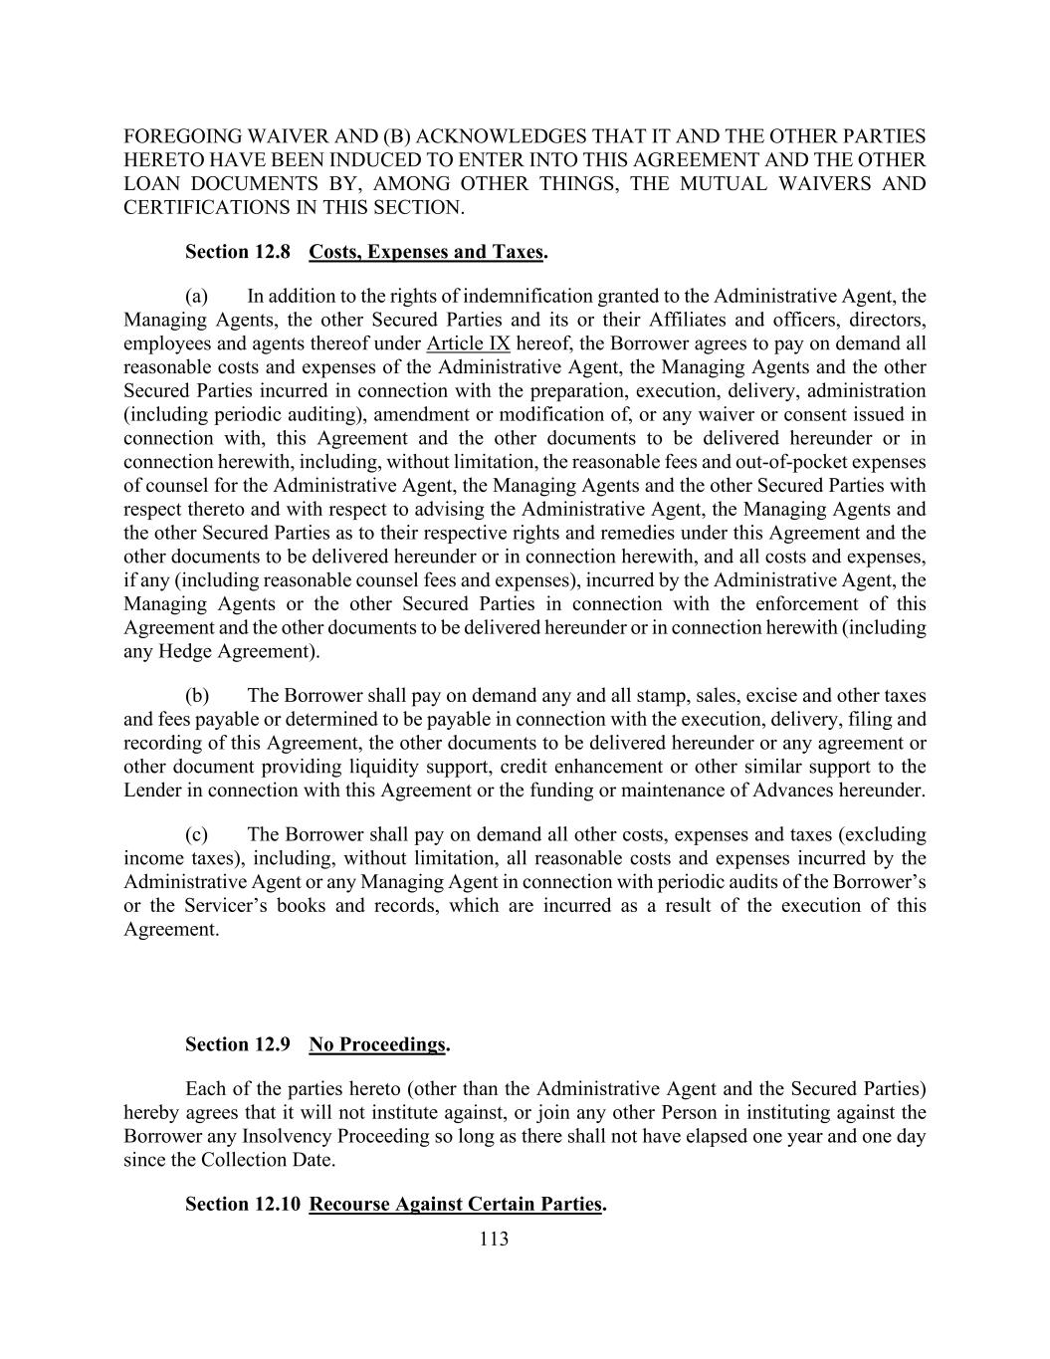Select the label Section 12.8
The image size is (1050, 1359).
238,251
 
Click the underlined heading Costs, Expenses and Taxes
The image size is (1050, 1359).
427,251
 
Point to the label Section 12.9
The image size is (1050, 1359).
238,1043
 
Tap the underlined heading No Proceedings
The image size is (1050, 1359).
377,1043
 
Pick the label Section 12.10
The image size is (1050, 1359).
242,1204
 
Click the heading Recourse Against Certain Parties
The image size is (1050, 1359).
456,1204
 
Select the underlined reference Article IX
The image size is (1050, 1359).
468,343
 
